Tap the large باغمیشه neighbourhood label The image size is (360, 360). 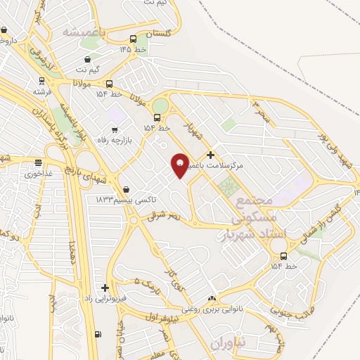tap(83, 32)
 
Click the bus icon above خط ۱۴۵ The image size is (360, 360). tap(134, 39)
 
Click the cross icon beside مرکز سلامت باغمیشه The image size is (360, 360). tap(210, 155)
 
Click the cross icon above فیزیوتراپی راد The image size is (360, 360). tap(105, 288)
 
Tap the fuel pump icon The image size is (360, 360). tap(97, 335)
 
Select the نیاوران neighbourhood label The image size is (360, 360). tap(228, 342)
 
